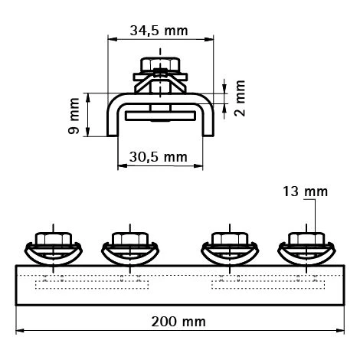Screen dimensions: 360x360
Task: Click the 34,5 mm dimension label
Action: pos(159,32)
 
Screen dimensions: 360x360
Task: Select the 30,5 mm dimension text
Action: pos(158,156)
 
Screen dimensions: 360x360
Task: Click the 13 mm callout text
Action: pos(305,191)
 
